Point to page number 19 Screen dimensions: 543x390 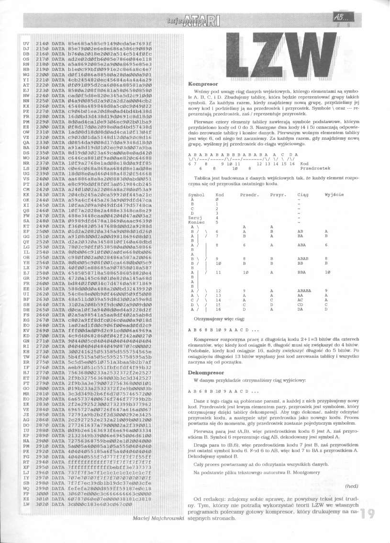tap(368, 514)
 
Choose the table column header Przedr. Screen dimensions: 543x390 tap(249, 194)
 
